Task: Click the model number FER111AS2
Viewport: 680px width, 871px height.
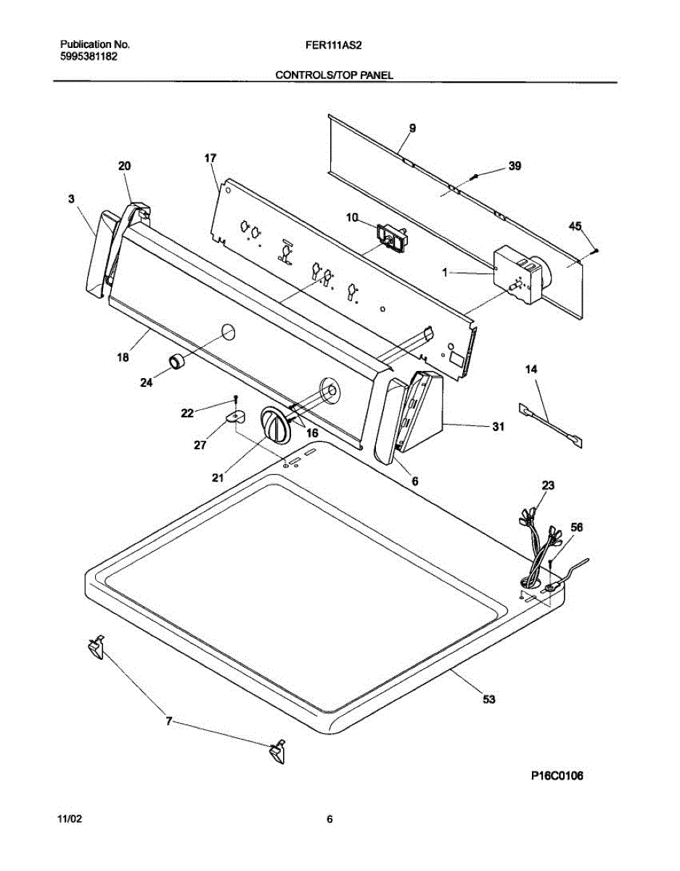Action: (x=335, y=44)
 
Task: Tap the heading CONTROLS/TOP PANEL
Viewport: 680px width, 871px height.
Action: (x=335, y=75)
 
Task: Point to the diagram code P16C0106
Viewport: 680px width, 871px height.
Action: (x=557, y=776)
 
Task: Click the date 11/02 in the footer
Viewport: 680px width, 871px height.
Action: (x=70, y=819)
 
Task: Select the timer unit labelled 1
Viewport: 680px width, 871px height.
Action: (x=520, y=276)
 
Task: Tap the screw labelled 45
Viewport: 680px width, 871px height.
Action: (x=595, y=250)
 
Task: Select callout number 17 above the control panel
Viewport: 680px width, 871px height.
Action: (x=210, y=158)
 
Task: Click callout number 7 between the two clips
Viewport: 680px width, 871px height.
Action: (x=168, y=721)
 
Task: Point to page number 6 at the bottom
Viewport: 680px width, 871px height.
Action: (x=329, y=819)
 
